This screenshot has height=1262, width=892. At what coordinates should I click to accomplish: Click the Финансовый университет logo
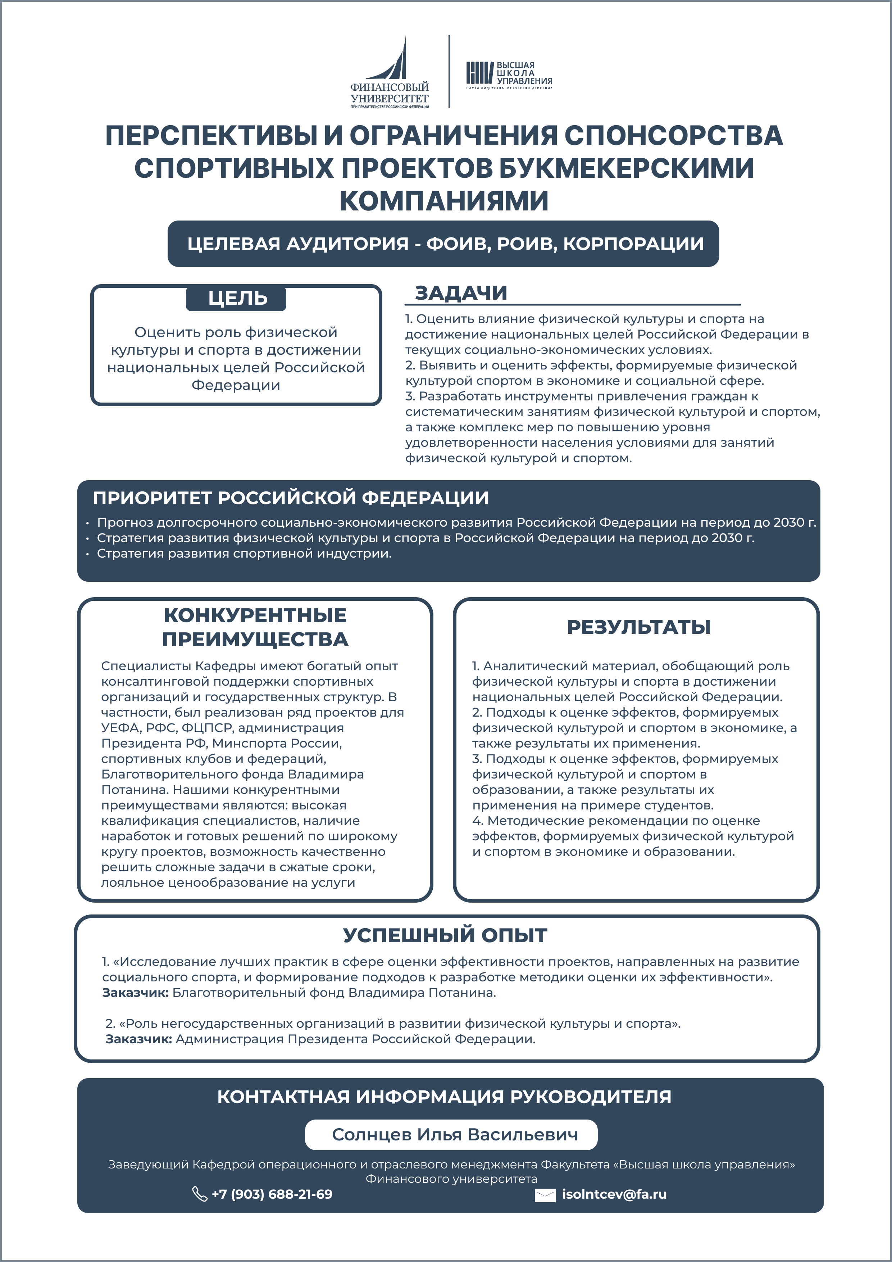[390, 73]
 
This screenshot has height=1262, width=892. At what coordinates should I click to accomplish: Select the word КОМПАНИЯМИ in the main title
[444, 201]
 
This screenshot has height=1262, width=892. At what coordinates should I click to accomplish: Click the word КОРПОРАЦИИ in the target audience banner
[633, 244]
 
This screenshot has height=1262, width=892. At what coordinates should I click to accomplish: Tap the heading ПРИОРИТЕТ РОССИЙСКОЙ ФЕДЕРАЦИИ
[290, 498]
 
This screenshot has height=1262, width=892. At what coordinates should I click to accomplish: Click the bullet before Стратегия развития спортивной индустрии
[87, 554]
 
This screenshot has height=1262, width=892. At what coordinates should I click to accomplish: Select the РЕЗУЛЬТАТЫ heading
[639, 627]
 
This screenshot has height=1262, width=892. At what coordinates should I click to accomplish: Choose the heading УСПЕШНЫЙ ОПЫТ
[445, 935]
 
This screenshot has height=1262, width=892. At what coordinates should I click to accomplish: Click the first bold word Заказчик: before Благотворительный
[135, 993]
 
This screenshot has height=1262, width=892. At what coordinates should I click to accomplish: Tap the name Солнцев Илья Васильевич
[455, 1135]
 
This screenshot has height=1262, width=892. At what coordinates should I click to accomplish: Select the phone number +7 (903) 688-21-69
[272, 1194]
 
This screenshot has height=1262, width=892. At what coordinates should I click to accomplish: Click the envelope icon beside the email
[545, 1195]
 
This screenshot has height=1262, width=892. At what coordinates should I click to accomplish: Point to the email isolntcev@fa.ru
[614, 1194]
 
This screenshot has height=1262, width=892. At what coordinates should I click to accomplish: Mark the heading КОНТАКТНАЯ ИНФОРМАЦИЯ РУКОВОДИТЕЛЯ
[444, 1097]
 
